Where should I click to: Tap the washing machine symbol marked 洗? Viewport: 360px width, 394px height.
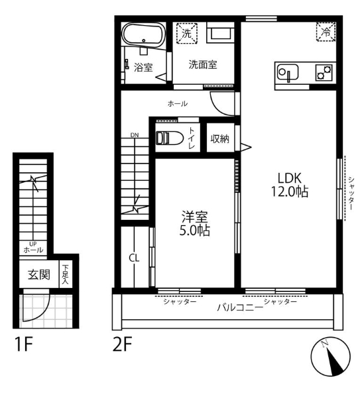pyautogui.click(x=186, y=33)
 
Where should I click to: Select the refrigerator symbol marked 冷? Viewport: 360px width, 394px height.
pyautogui.click(x=326, y=32)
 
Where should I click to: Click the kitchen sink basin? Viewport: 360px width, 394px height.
pyautogui.click(x=288, y=72)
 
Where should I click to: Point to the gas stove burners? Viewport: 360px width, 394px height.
pyautogui.click(x=324, y=72)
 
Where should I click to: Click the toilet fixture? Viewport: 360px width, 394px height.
pyautogui.click(x=169, y=138)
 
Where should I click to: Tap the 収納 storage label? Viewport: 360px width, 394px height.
pyautogui.click(x=219, y=138)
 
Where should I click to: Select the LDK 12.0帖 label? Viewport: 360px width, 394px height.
pyautogui.click(x=289, y=185)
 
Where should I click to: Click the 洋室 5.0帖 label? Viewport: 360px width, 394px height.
pyautogui.click(x=194, y=224)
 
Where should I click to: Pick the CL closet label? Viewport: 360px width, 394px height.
pyautogui.click(x=134, y=258)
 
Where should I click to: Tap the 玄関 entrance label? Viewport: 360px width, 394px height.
pyautogui.click(x=39, y=275)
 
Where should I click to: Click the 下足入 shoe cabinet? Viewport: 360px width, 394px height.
pyautogui.click(x=66, y=274)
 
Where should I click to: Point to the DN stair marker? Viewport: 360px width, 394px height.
pyautogui.click(x=135, y=135)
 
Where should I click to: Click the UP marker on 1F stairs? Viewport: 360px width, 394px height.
pyautogui.click(x=33, y=244)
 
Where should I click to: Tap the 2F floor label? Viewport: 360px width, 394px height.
pyautogui.click(x=122, y=344)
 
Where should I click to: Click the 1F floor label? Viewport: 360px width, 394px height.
pyautogui.click(x=24, y=344)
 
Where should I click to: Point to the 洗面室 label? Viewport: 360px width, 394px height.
pyautogui.click(x=203, y=65)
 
